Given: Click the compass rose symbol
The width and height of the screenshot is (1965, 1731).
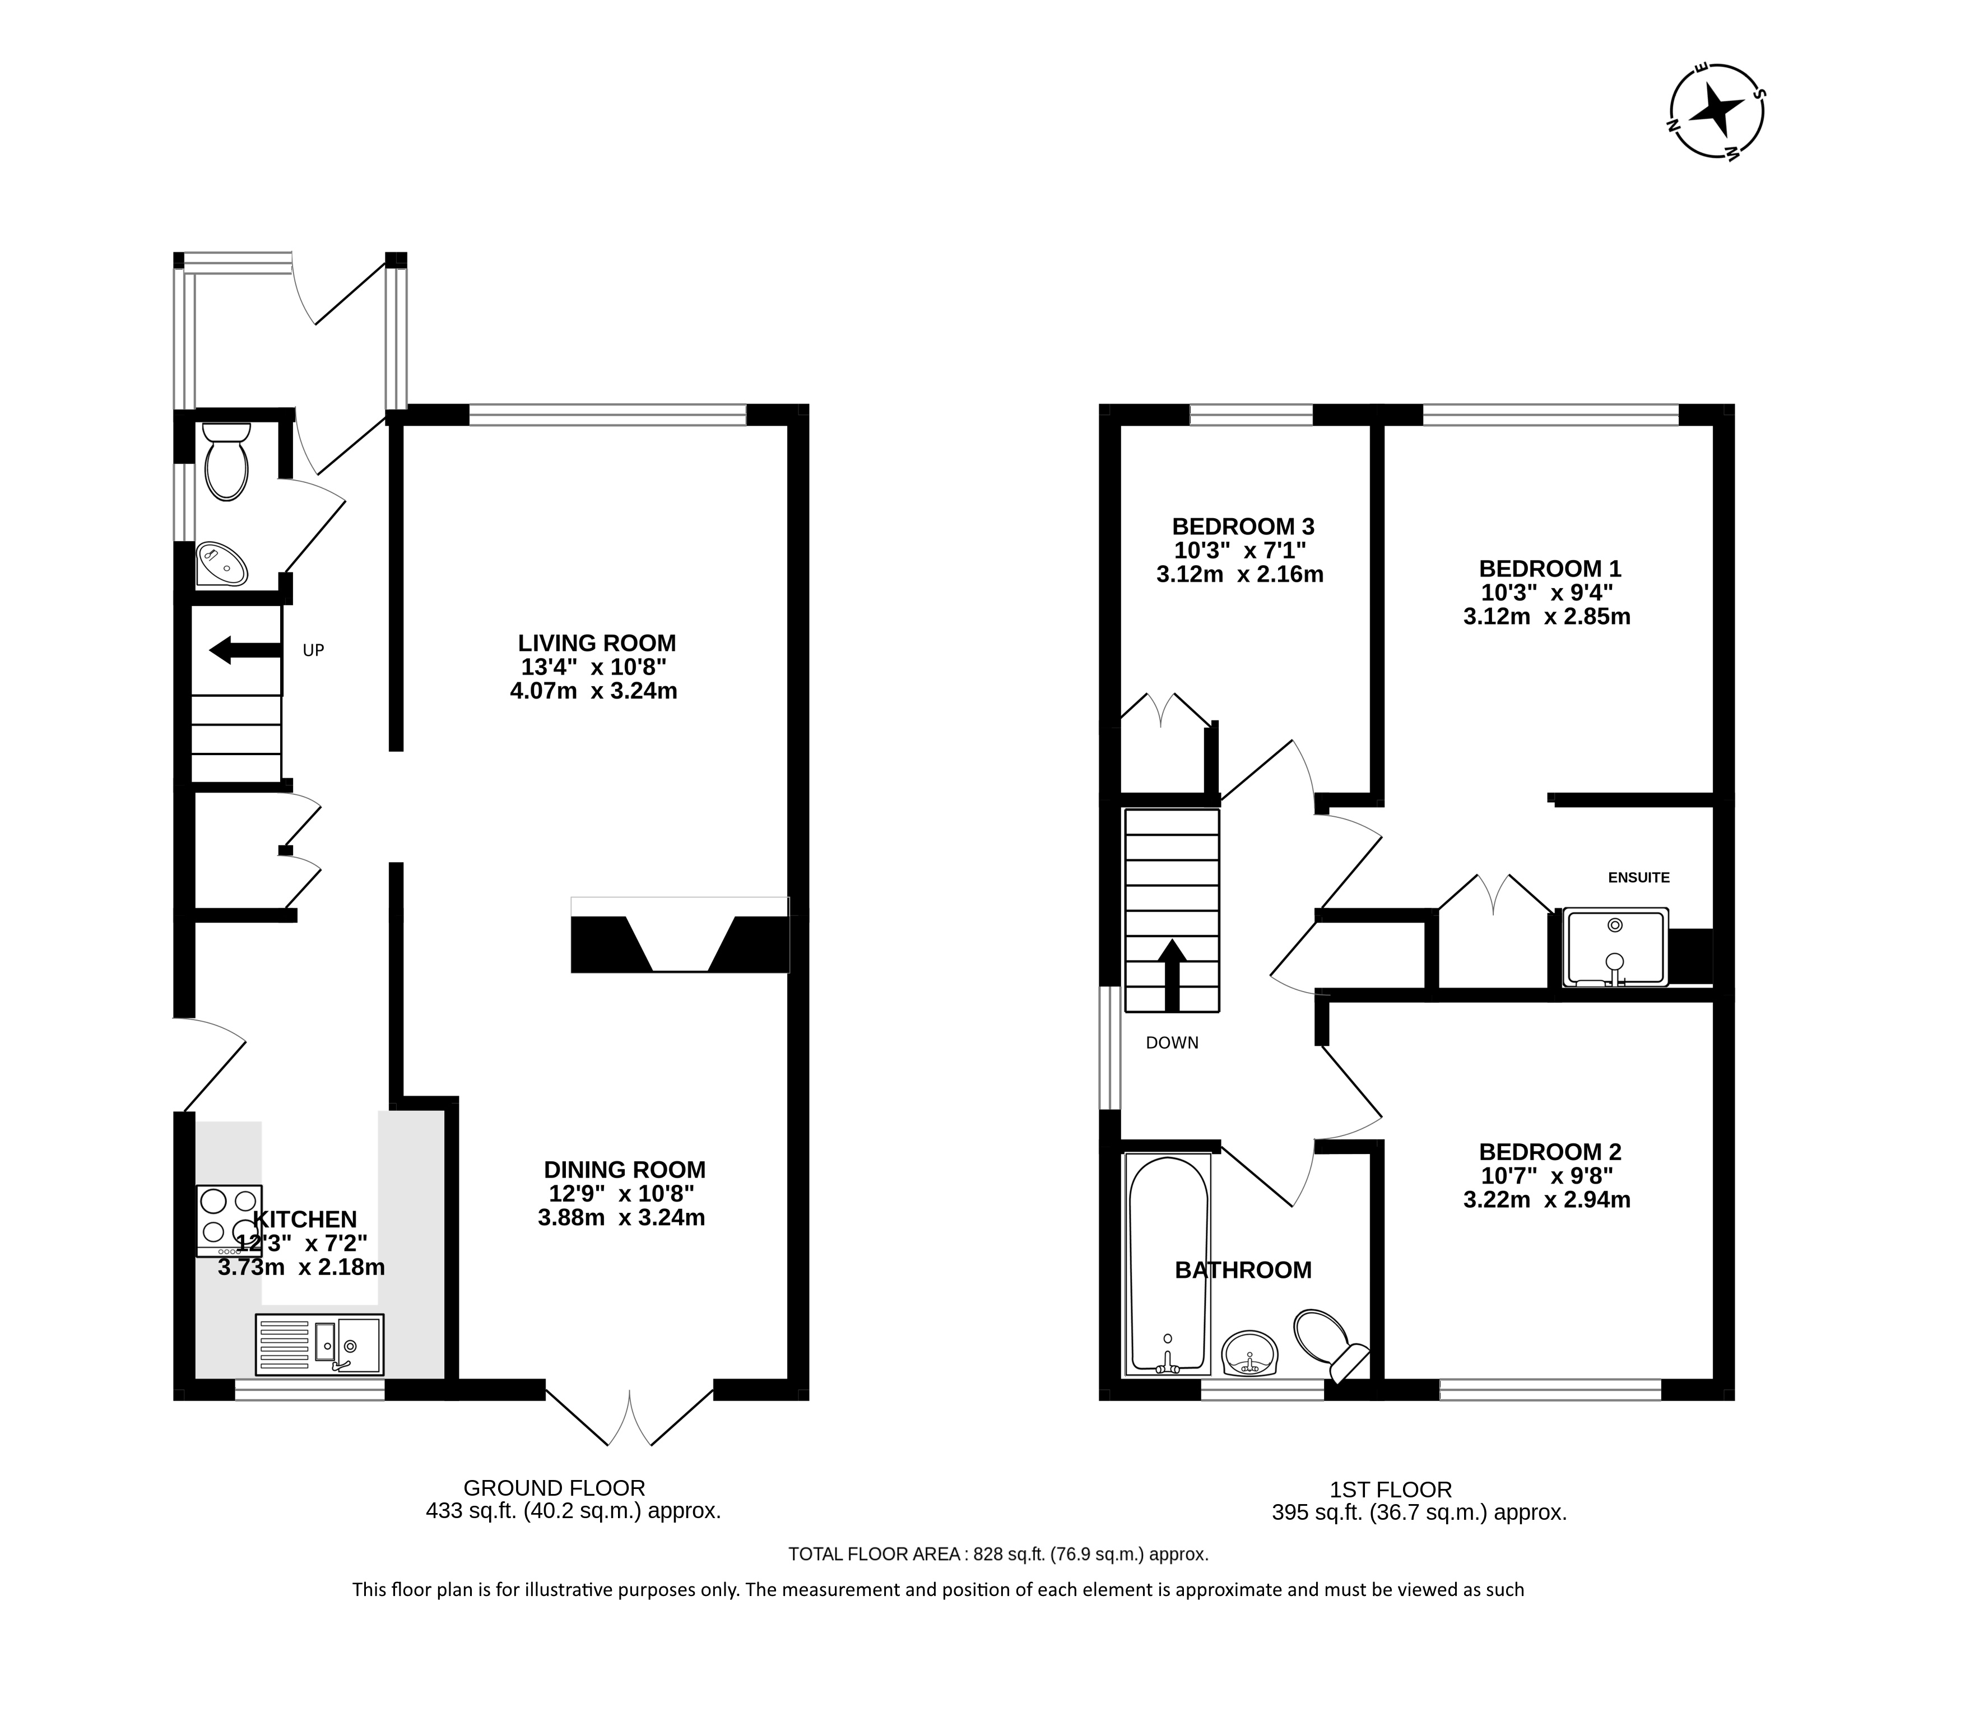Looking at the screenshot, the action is click(1716, 111).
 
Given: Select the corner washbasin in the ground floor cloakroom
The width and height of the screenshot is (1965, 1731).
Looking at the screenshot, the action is click(222, 564).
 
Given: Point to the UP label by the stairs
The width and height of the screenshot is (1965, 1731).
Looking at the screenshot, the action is click(313, 651).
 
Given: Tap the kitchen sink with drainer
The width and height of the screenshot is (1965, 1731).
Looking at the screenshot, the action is click(319, 1344).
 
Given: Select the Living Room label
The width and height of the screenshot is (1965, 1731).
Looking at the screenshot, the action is click(597, 643).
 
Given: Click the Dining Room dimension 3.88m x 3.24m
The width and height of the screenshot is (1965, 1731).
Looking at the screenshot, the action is click(622, 1218).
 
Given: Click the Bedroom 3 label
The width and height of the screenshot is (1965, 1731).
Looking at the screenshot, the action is click(1243, 527).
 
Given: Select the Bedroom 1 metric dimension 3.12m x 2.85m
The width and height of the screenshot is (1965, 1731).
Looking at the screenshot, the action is click(1547, 617).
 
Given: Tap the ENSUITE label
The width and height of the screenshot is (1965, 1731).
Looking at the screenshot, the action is click(1639, 877).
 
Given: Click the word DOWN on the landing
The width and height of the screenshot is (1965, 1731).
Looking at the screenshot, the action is click(1172, 1043).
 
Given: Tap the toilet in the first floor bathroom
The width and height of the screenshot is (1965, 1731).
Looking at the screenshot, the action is click(1328, 1344).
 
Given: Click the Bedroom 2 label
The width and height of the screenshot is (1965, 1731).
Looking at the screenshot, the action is click(1550, 1151).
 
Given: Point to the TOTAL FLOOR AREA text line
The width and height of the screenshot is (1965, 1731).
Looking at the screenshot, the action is click(998, 1554).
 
